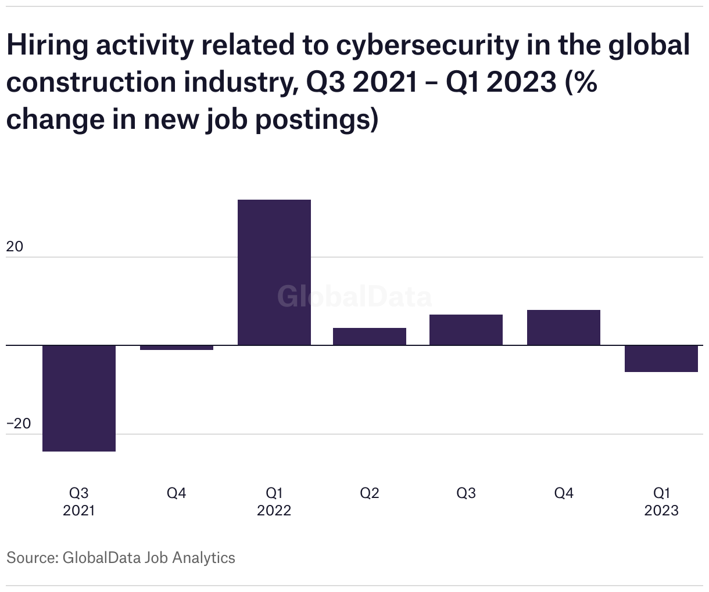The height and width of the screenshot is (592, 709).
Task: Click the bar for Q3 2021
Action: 79,398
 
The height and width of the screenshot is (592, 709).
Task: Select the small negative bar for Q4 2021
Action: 177,348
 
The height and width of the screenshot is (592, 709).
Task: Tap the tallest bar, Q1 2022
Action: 274,272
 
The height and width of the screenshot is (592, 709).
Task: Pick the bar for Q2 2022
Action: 370,337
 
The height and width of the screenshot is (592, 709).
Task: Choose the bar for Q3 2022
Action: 466,330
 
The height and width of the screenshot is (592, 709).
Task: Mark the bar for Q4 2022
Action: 564,327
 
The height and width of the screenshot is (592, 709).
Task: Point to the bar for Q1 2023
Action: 661,359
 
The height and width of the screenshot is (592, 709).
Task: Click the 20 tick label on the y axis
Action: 15,247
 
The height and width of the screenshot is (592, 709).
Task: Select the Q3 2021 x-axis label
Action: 79,501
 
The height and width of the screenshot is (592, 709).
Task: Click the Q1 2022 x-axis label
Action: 274,501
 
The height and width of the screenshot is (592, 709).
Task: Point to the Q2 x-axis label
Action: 370,493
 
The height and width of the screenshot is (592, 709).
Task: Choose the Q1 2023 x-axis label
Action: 661,501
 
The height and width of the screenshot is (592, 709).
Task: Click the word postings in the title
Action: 314,120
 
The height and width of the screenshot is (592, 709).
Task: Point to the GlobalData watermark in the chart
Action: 354,297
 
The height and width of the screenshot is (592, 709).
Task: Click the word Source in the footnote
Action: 31,558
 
